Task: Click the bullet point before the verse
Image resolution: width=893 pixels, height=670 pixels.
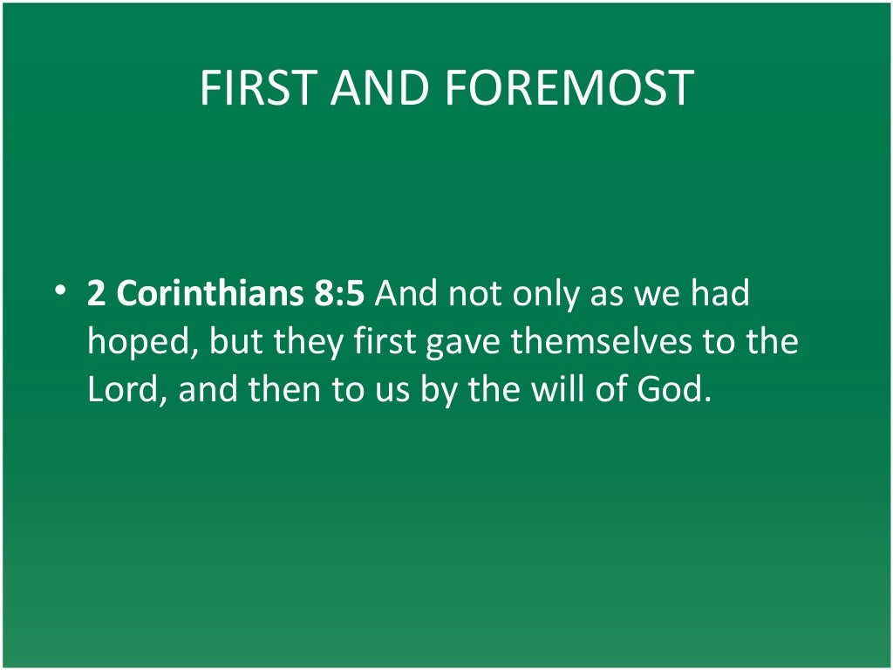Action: (57, 291)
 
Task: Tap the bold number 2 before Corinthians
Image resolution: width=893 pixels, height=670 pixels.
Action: (96, 293)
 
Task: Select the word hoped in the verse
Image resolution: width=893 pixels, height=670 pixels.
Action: (143, 342)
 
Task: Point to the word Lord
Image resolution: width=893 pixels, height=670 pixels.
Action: (128, 389)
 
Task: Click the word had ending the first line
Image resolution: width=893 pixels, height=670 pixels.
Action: (719, 293)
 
